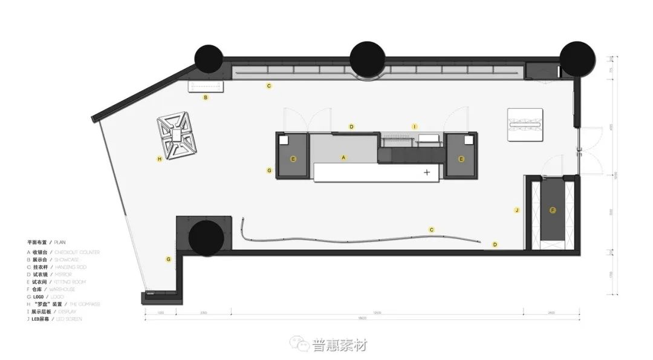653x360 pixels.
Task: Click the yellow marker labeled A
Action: [x=343, y=157]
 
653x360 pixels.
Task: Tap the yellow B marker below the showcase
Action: [x=206, y=97]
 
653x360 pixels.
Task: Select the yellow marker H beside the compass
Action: [x=159, y=159]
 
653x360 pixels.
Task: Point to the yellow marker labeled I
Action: [x=414, y=126]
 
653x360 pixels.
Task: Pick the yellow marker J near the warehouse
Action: [x=516, y=210]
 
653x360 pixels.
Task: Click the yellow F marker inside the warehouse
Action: [x=552, y=210]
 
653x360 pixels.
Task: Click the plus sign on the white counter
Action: [x=427, y=172]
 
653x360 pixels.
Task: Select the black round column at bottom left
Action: [x=205, y=237]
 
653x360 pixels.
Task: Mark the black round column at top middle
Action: [x=368, y=58]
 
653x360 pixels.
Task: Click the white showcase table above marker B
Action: [x=206, y=87]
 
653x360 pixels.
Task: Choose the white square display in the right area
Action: [x=527, y=124]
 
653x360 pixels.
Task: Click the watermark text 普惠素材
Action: [x=339, y=345]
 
